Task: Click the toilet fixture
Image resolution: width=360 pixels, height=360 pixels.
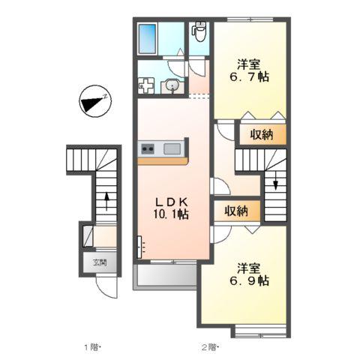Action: coord(199,31)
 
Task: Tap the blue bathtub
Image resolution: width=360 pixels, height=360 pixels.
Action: coord(147,39)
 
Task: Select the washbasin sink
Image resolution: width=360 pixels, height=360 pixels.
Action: coord(172,86)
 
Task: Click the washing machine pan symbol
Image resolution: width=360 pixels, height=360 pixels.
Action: coord(146,85)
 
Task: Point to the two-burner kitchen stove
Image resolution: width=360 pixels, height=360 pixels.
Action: coord(148,149)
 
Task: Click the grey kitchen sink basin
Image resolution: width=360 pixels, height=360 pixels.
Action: coord(172,149)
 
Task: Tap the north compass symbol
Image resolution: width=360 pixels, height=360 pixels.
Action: coord(95,101)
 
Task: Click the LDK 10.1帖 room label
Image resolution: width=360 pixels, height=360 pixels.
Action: coord(172,208)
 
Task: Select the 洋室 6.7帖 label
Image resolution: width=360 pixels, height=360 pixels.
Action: coord(249,70)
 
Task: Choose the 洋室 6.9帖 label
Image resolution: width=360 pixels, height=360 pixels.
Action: coord(249,274)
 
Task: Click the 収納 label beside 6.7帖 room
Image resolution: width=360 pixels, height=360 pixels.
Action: coord(262,135)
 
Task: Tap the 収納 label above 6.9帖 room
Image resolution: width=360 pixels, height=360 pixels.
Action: coord(236,211)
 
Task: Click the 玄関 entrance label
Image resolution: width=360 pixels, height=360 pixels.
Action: coord(100,262)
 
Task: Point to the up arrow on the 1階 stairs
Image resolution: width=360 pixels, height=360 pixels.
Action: coord(106,201)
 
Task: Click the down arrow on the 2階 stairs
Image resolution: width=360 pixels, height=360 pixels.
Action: coord(276,181)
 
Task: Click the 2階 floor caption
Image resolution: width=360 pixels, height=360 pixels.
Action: coord(209,347)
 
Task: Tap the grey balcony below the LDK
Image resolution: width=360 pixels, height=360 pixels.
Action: coord(166,275)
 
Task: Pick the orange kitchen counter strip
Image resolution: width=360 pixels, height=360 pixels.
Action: coord(163,160)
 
